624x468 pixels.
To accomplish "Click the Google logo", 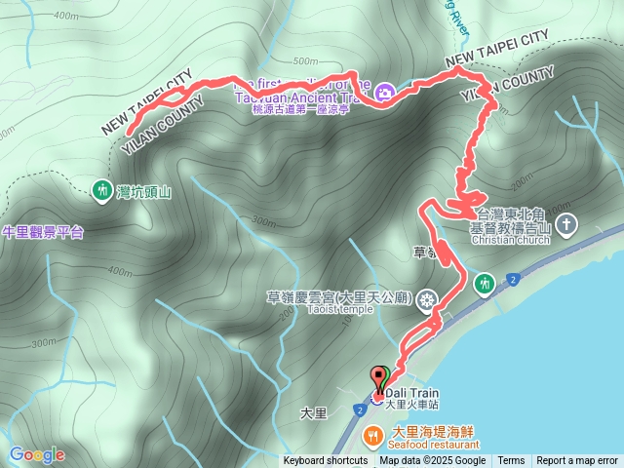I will point(37,454).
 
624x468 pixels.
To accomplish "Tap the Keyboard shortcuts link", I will point(326,461).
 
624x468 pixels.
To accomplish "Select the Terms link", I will point(511,461).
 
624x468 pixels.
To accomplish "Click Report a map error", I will point(577,461).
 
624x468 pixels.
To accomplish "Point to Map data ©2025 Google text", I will point(433,461).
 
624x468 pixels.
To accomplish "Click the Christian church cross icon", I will point(567,226).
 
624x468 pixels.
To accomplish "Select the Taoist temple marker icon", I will point(426,301).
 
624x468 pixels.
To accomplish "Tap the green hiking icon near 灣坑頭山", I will point(102,190).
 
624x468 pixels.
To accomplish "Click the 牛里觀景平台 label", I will point(43,232).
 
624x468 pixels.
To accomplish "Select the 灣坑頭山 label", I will point(143,192).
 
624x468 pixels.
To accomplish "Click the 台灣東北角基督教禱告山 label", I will point(512,220).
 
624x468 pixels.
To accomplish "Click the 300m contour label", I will point(45,342).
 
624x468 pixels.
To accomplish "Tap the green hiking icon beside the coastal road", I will point(483,284).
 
